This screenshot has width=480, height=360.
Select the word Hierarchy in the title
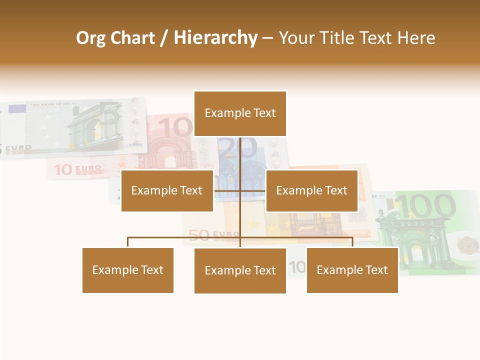[x=215, y=38]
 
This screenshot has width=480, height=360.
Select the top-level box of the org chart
[x=240, y=113]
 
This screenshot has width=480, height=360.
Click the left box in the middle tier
[x=167, y=190]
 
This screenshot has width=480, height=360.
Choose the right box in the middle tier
[x=311, y=190]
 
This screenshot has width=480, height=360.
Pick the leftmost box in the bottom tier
[x=128, y=270]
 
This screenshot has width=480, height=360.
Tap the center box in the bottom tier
[x=240, y=270]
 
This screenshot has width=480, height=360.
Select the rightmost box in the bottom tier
[x=352, y=270]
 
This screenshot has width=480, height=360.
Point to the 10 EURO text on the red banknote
[x=77, y=169]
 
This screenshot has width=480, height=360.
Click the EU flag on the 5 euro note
[x=17, y=108]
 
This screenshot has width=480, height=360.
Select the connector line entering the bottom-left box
[x=128, y=242]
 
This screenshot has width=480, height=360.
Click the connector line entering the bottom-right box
[x=352, y=242]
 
